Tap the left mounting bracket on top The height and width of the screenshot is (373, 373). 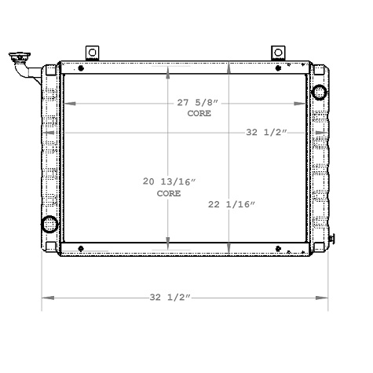click(x=92, y=53)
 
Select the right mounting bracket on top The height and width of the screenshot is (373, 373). click(x=276, y=53)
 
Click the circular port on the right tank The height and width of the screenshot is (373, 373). click(x=320, y=93)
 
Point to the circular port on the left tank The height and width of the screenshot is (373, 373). click(x=50, y=224)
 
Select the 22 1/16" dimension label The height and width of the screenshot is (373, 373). click(x=232, y=204)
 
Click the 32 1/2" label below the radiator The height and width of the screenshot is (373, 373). click(x=170, y=298)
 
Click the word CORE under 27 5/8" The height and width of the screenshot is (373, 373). click(x=198, y=115)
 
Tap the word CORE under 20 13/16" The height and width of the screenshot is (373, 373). click(x=168, y=192)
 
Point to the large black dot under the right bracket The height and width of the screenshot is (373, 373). click(x=279, y=68)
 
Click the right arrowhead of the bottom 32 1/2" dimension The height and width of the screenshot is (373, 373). click(x=323, y=298)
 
